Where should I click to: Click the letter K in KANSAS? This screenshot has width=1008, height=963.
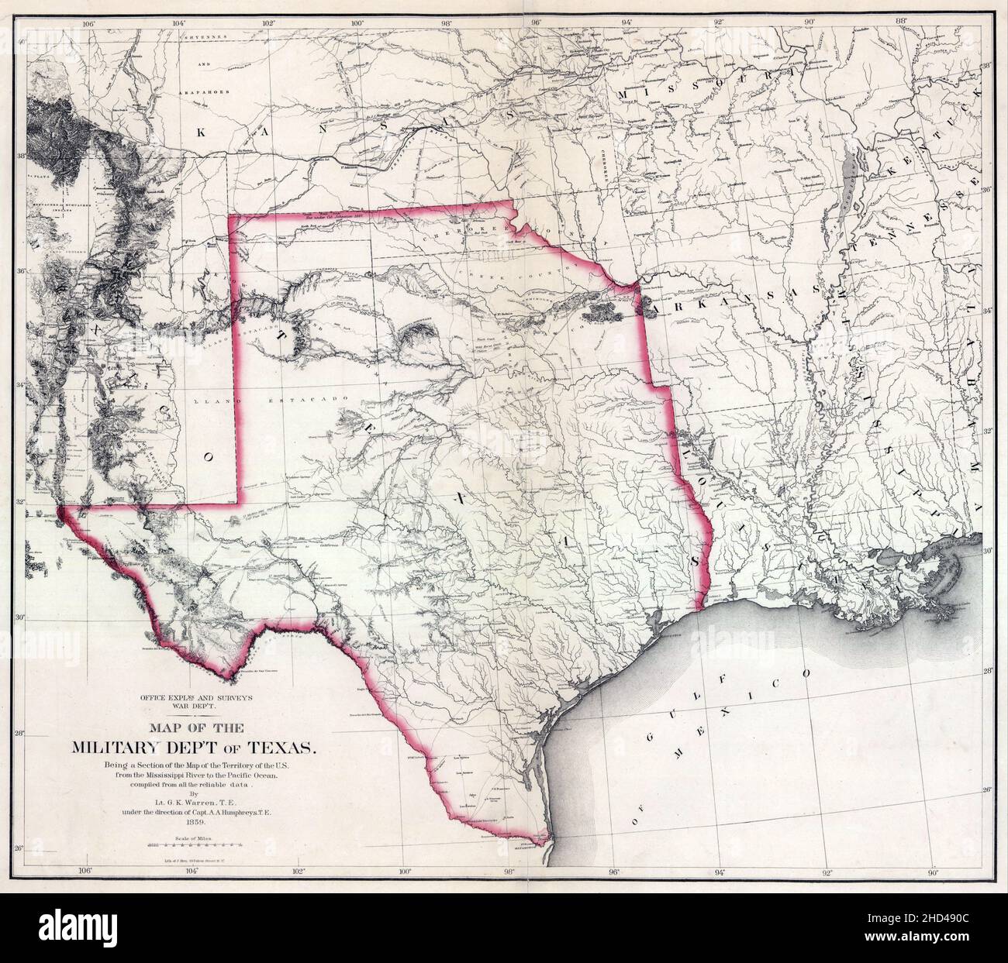201,132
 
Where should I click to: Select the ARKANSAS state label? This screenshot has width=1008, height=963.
698,308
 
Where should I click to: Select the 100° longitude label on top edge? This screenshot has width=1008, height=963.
357,22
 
